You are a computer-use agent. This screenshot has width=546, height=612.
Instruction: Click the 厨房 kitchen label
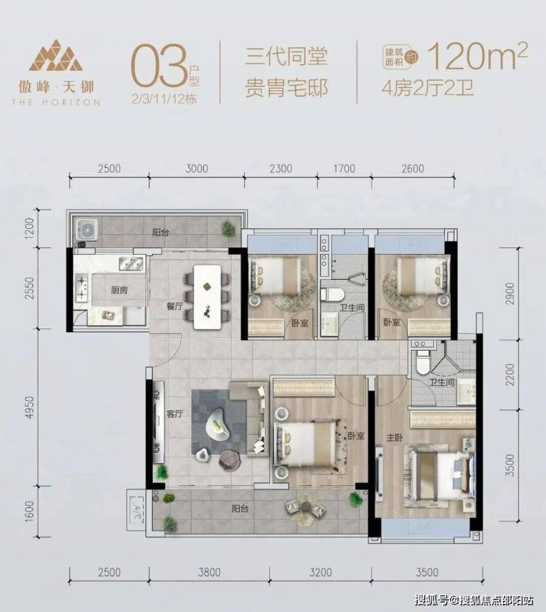[120, 290]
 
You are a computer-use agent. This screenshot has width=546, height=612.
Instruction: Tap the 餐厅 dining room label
[175, 306]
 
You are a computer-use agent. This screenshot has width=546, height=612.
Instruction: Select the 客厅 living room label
[175, 413]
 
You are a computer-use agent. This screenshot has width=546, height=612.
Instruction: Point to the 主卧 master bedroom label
[395, 438]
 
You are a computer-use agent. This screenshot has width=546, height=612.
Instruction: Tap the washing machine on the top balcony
[86, 230]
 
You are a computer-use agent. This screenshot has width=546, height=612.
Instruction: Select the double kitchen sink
[131, 264]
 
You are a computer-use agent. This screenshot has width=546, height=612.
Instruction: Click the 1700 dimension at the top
[344, 168]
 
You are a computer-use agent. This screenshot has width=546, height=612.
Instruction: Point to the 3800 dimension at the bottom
[210, 573]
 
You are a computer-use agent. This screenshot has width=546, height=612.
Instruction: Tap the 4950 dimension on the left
[30, 407]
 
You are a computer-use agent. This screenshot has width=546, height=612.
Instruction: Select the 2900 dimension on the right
[510, 294]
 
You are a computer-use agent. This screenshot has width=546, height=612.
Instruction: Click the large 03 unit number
[159, 66]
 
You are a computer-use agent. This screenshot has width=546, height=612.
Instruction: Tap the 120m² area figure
[478, 57]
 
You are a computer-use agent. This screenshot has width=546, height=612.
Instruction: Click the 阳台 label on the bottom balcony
[240, 509]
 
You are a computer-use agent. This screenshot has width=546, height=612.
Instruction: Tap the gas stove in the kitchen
[82, 288]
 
